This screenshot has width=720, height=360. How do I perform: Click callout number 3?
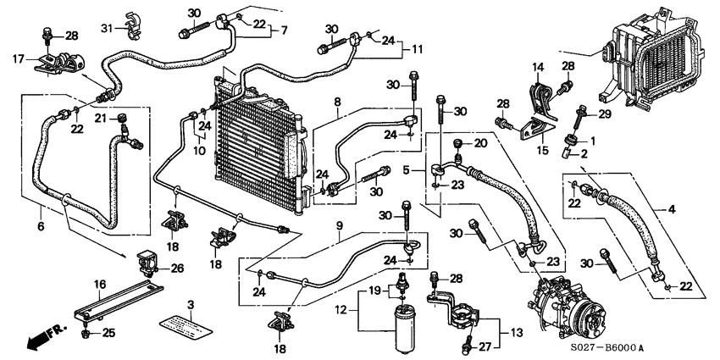pos(191,303)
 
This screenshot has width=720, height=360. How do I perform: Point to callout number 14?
pos(538,66)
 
